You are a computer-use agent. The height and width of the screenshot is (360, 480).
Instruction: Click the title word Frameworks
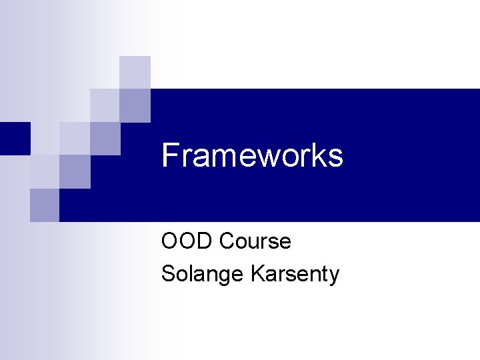click(252, 156)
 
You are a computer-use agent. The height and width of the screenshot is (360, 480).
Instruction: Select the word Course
click(255, 241)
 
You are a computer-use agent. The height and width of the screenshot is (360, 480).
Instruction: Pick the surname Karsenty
click(295, 274)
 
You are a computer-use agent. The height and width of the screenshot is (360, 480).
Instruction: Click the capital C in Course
click(226, 241)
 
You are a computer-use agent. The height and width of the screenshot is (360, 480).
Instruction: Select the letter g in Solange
click(221, 276)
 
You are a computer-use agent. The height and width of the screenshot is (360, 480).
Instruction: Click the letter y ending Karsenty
click(334, 276)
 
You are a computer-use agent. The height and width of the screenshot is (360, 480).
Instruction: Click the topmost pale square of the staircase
click(135, 72)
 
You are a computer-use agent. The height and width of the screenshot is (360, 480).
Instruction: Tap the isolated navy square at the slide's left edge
click(15, 138)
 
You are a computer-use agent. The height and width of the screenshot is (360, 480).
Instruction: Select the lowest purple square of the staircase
click(45, 205)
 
